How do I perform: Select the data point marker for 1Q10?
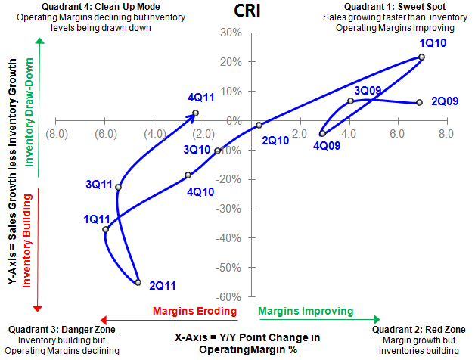(x=421, y=57)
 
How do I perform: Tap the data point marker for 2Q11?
(x=138, y=282)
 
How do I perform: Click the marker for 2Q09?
(x=419, y=103)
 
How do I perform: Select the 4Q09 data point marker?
(x=323, y=133)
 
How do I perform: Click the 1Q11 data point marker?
(x=106, y=229)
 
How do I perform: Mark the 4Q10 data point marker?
(x=188, y=175)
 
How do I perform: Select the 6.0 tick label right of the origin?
(x=397, y=133)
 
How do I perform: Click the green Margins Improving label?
(x=306, y=311)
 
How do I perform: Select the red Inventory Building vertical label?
(x=29, y=247)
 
